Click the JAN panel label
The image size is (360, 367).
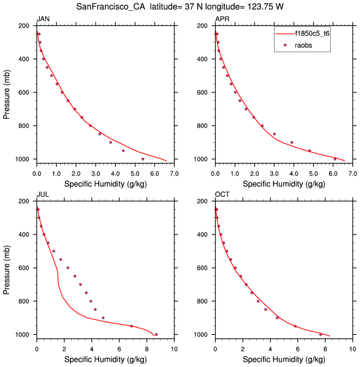43,19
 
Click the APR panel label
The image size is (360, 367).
222,19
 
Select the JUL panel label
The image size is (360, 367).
43,195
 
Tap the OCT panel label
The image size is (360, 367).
222,195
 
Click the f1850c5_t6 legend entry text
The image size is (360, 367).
311,34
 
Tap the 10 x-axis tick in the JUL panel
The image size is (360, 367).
174,348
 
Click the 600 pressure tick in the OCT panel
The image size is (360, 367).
204,268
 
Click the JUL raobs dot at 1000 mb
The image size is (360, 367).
156,334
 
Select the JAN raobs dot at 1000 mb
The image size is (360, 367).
143,159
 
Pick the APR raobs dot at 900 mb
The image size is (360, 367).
292,142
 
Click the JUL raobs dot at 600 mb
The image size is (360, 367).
68,268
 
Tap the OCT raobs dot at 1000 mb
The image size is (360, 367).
320,334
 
